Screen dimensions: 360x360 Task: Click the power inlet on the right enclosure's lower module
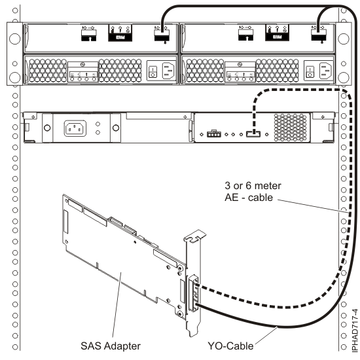click(x=325, y=71)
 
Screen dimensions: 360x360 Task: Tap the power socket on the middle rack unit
click(x=71, y=127)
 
